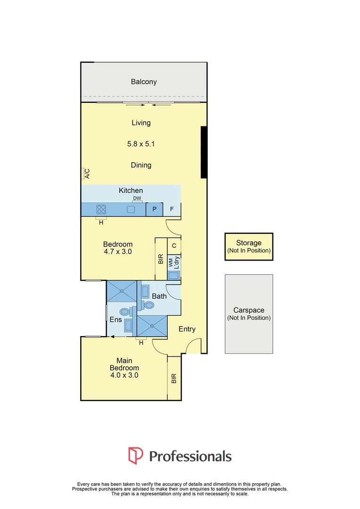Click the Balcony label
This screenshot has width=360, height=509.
144,82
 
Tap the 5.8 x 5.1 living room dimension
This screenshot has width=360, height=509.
141,144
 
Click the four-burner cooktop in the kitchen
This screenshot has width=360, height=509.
101,209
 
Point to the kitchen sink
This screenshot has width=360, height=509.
131,209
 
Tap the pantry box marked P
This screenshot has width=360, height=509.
154,209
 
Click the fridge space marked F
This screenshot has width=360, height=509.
172,209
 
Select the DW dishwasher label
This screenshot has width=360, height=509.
137,198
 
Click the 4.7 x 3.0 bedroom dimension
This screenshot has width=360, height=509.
118,252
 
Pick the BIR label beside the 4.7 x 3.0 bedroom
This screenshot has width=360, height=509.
161,259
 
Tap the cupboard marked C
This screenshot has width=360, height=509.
174,246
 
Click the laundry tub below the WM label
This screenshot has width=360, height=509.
174,275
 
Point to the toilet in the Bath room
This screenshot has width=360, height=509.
148,305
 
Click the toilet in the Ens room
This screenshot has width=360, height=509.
125,312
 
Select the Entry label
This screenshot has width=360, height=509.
187,329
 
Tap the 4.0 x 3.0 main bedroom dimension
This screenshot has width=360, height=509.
124,375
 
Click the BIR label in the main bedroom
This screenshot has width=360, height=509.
174,378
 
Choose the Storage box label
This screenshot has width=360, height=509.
249,243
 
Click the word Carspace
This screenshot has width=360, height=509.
249,310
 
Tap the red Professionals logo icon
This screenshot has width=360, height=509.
136,455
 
